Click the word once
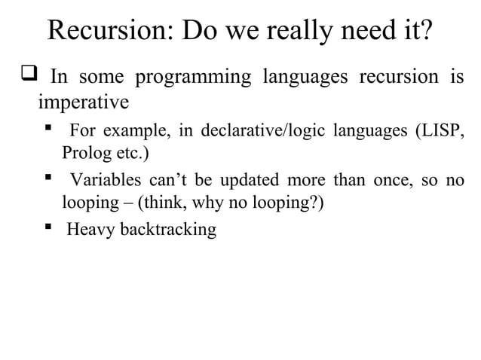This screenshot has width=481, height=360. click(391, 181)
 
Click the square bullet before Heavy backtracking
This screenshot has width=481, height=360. click(48, 228)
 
